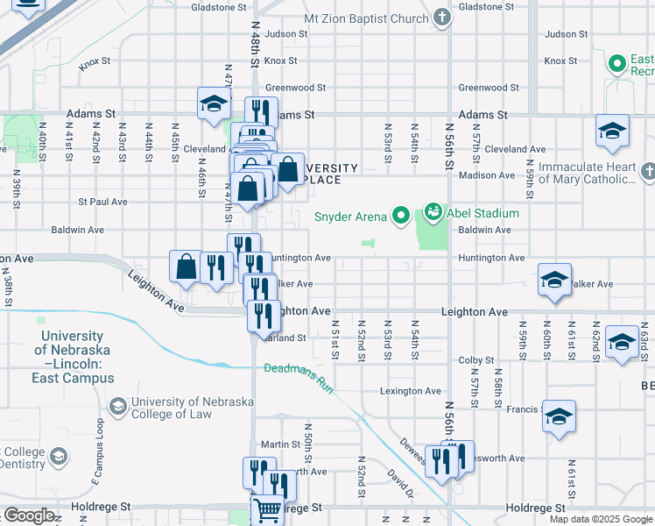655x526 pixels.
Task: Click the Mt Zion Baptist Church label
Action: [365, 18]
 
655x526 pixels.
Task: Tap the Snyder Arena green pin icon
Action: [401, 214]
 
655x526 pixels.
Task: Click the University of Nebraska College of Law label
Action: [192, 408]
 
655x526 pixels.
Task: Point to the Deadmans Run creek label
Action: [300, 376]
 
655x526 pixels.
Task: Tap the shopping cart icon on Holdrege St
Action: [267, 509]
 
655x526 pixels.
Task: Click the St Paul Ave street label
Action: [102, 202]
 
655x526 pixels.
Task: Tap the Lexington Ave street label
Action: [408, 391]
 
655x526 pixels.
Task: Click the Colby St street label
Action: [476, 360]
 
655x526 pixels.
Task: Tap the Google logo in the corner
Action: [29, 515]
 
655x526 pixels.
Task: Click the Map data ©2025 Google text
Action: [600, 519]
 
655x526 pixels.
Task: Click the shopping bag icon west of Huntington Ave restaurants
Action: [187, 267]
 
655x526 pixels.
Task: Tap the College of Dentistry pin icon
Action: [59, 457]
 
